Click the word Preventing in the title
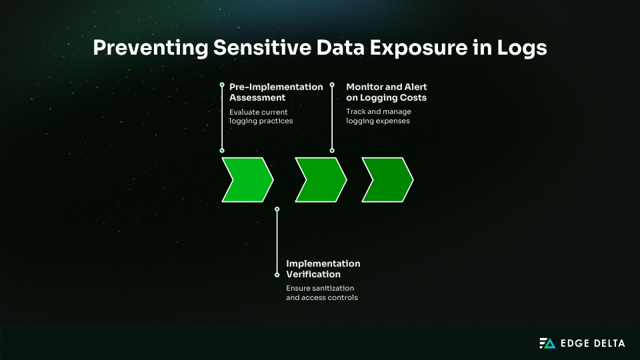[x=151, y=48]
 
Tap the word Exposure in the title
[x=419, y=48]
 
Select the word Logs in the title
[x=522, y=48]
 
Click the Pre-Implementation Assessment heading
[x=276, y=92]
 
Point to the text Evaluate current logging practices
[x=261, y=116]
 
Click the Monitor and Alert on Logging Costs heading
[x=387, y=92]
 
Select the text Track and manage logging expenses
[x=379, y=116]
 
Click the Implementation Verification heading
[x=323, y=269]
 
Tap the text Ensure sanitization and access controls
[x=322, y=293]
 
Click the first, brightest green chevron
[x=247, y=179]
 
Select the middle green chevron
[x=321, y=179]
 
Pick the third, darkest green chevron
[x=387, y=179]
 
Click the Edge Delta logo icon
[x=547, y=343]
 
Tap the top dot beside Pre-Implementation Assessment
[x=222, y=85]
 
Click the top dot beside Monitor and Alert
[x=332, y=85]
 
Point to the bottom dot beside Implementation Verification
[x=277, y=275]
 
